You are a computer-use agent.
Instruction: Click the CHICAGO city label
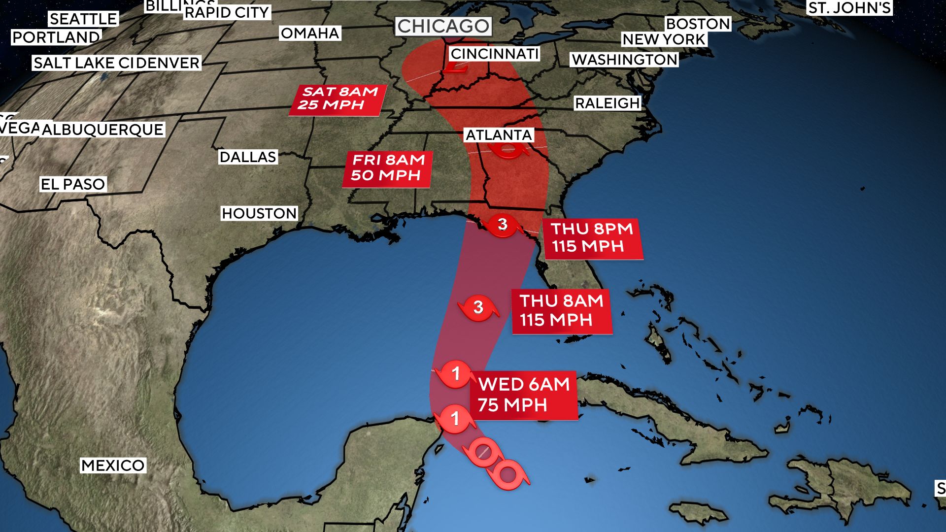tap(443, 26)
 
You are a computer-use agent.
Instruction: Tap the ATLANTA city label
tap(499, 135)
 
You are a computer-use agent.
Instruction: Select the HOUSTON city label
tap(259, 213)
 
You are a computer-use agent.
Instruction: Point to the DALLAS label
tap(248, 157)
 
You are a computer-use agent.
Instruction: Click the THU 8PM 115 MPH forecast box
tap(592, 238)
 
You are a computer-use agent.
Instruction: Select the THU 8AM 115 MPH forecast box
tap(562, 311)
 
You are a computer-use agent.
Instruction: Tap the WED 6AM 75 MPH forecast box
tap(523, 395)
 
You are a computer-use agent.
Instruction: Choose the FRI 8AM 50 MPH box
tap(388, 168)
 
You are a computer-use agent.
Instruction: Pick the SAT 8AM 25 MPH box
tap(338, 99)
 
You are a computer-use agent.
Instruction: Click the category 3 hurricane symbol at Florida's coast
tap(502, 225)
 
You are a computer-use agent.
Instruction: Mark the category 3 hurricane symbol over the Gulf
tap(478, 308)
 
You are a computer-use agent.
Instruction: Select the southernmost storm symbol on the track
tap(508, 475)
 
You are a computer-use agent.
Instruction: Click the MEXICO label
tap(113, 465)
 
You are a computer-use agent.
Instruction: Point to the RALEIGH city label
tap(607, 103)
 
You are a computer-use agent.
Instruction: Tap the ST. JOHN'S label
tap(849, 8)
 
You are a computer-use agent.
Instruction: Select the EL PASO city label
tap(73, 184)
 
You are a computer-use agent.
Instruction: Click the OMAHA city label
tap(310, 33)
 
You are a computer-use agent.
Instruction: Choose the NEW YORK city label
tap(663, 39)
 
